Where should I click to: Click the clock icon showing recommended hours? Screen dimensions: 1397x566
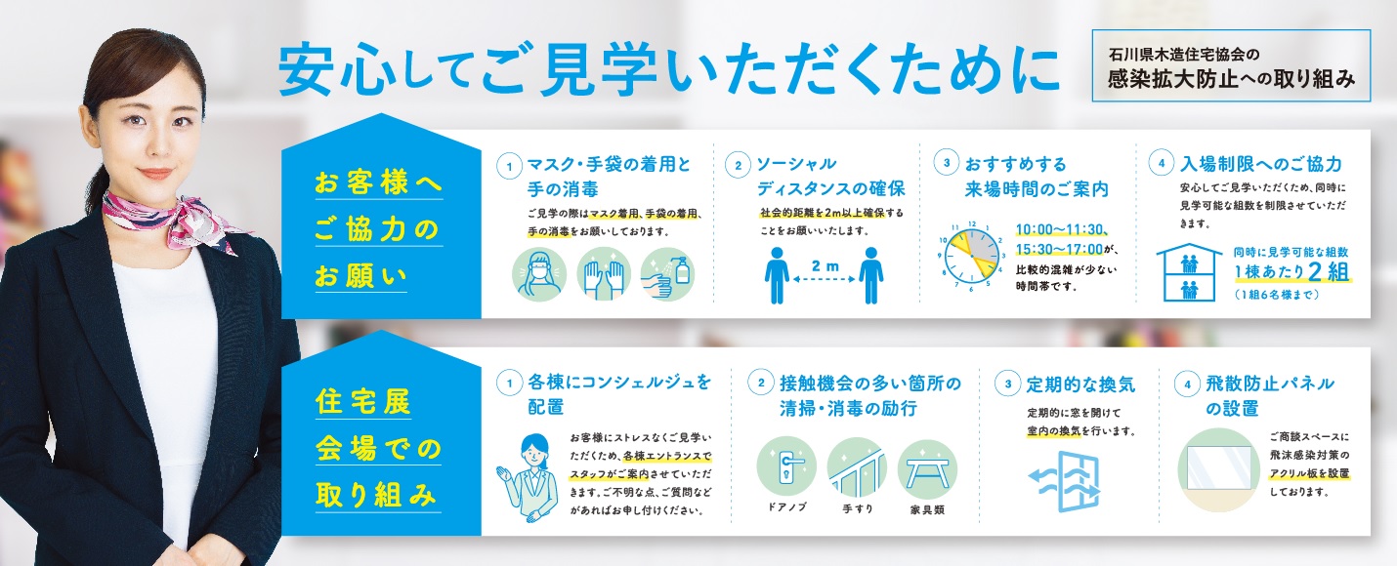click(x=972, y=256)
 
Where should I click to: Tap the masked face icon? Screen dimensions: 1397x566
click(x=539, y=274)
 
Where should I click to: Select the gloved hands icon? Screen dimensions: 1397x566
click(x=603, y=274)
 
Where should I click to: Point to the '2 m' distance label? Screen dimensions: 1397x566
click(x=825, y=265)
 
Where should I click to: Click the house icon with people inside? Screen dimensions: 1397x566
click(x=1189, y=272)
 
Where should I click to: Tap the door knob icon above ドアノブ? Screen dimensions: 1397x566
click(x=786, y=465)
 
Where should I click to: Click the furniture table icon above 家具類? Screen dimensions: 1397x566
click(x=927, y=468)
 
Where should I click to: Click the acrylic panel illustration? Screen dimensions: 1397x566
click(x=1218, y=470)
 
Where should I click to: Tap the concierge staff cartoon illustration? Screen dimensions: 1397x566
click(x=529, y=477)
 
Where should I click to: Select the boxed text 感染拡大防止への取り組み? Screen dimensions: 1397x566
click(x=1231, y=79)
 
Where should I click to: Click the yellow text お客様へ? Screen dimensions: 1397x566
click(x=379, y=182)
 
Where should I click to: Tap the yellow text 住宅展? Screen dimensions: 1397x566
click(x=363, y=401)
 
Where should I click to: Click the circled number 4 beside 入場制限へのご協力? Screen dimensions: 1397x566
click(x=1162, y=163)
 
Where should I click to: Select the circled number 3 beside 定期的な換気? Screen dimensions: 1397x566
click(x=1008, y=384)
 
